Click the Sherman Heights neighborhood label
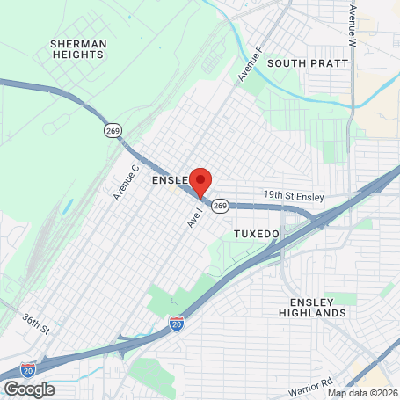(x=78, y=48)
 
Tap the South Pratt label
(x=308, y=63)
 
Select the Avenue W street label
(x=353, y=25)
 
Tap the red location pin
(x=200, y=181)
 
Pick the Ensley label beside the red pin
(x=169, y=179)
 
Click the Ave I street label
(x=194, y=215)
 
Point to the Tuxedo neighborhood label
(x=257, y=233)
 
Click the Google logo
(x=29, y=389)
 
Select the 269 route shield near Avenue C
(x=112, y=130)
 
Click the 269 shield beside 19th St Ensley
(x=221, y=206)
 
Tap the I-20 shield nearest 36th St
(x=28, y=367)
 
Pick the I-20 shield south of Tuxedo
(x=177, y=324)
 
